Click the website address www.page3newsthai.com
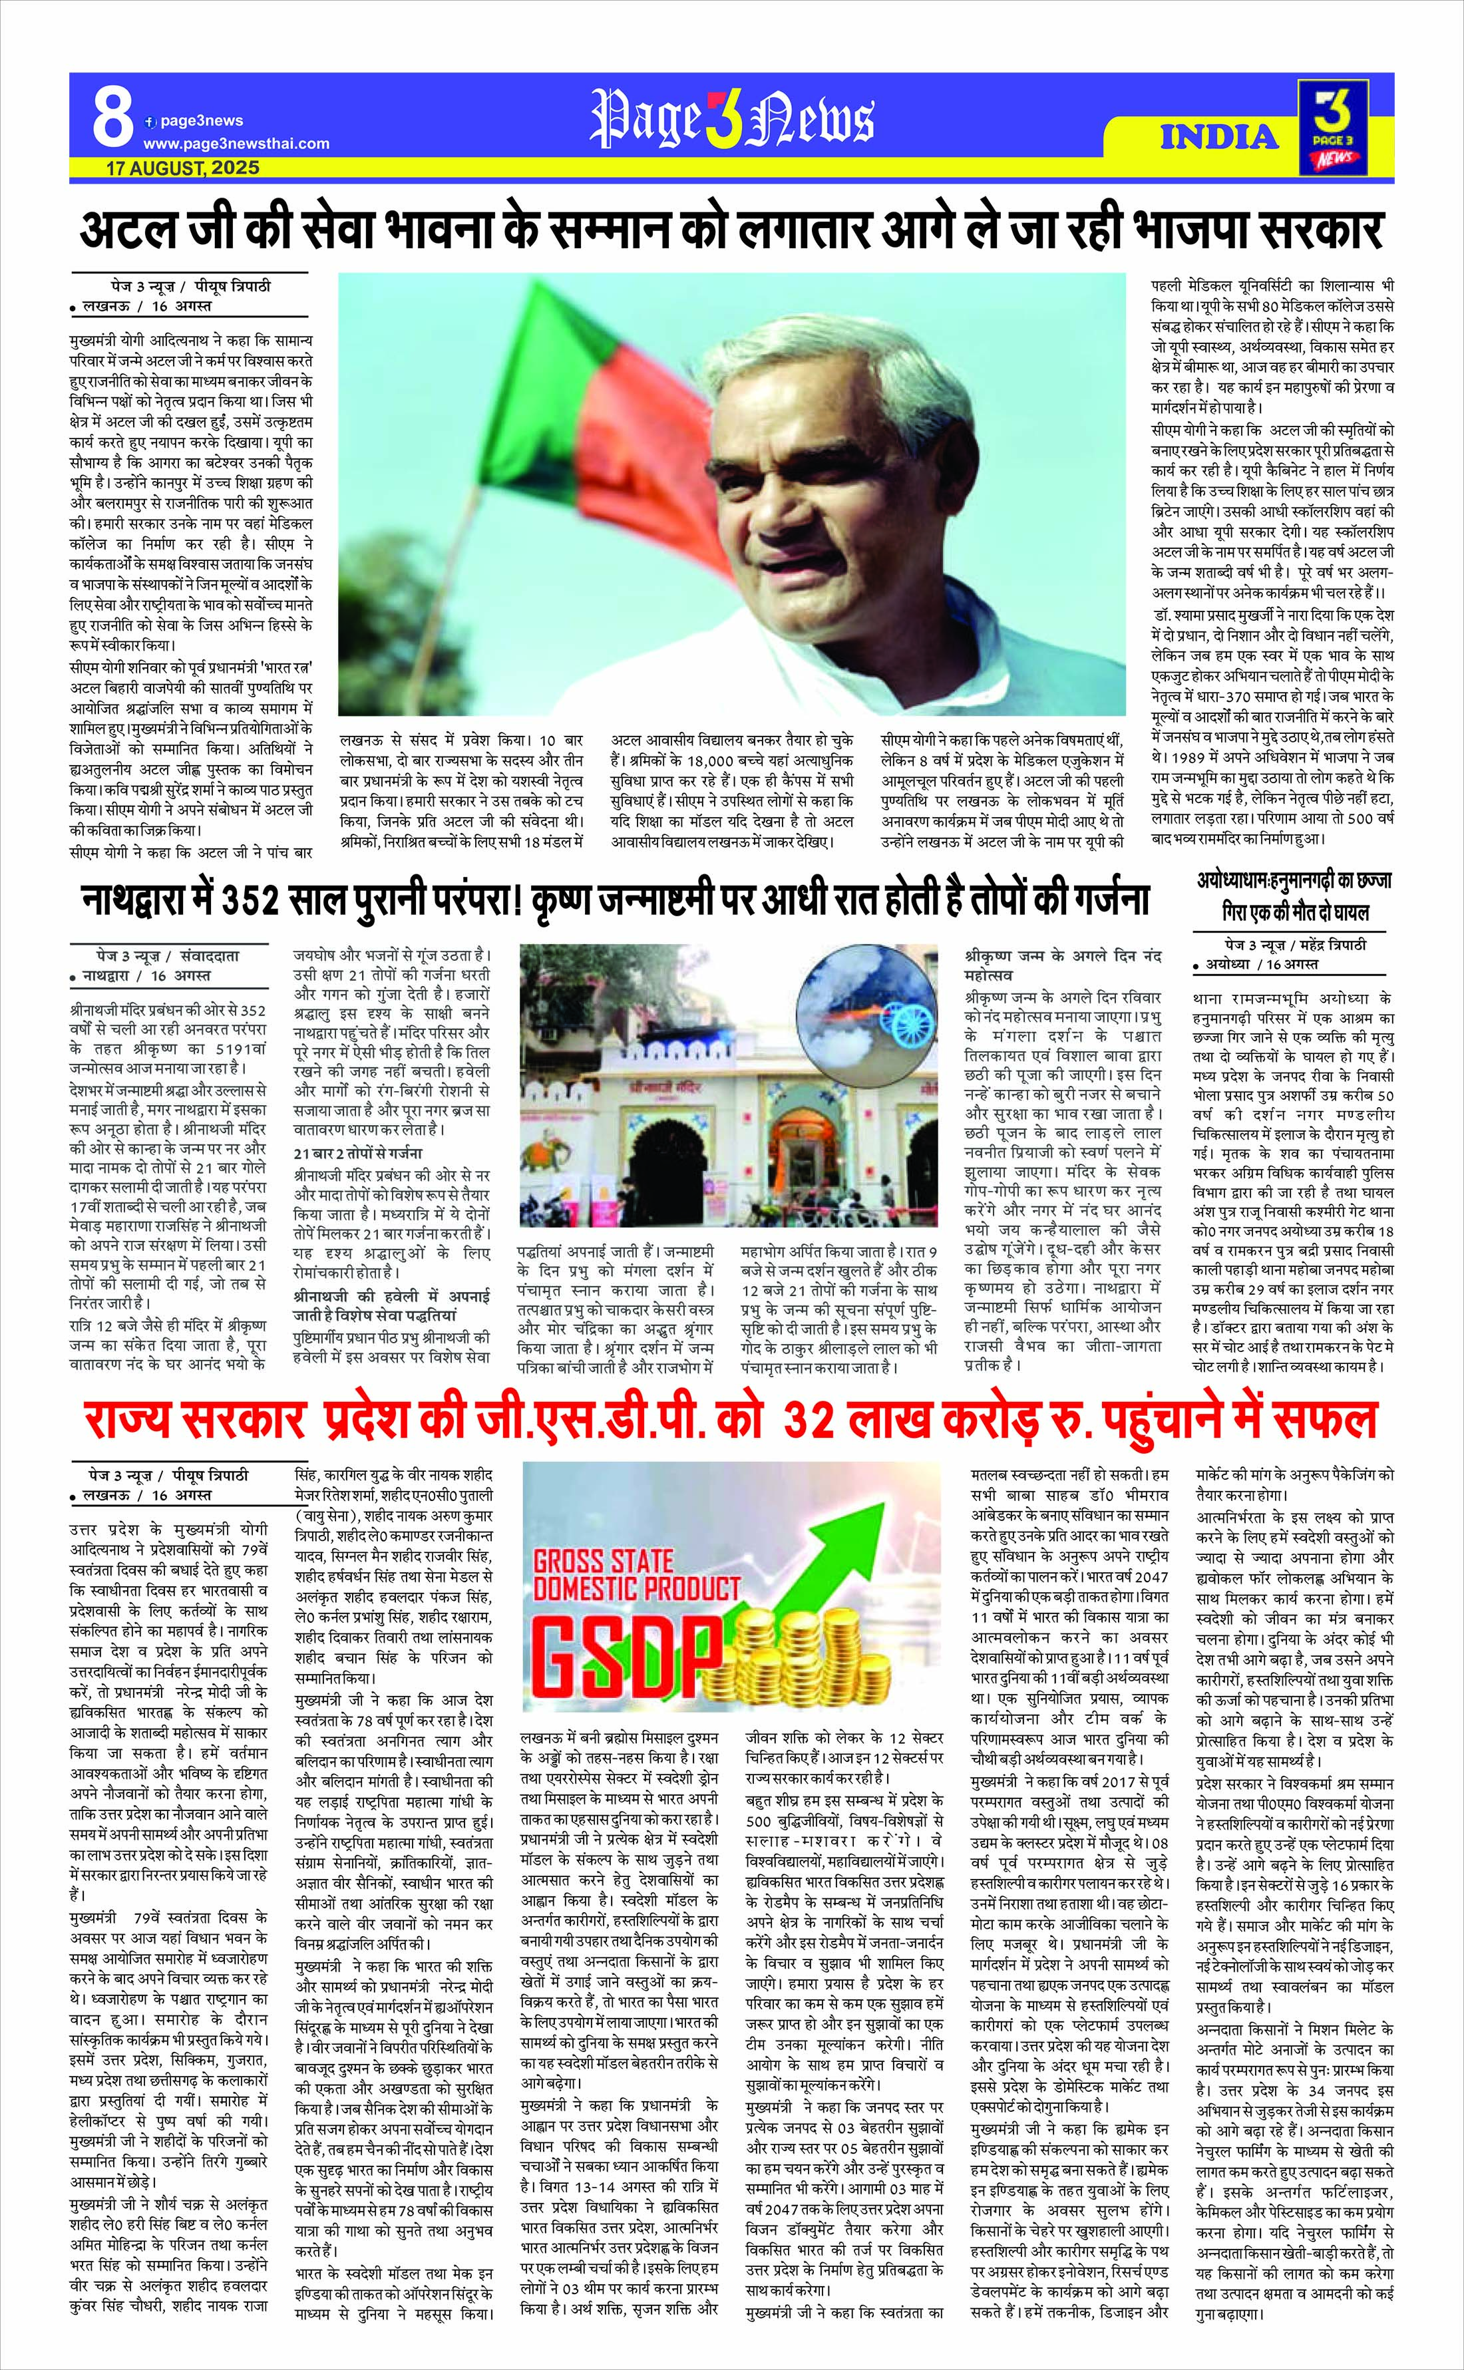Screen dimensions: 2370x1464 tap(236, 143)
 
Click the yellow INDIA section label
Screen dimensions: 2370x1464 tap(1220, 136)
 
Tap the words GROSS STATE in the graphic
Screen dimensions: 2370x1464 tap(603, 1561)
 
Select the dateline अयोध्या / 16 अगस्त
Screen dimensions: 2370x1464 tap(1262, 964)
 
